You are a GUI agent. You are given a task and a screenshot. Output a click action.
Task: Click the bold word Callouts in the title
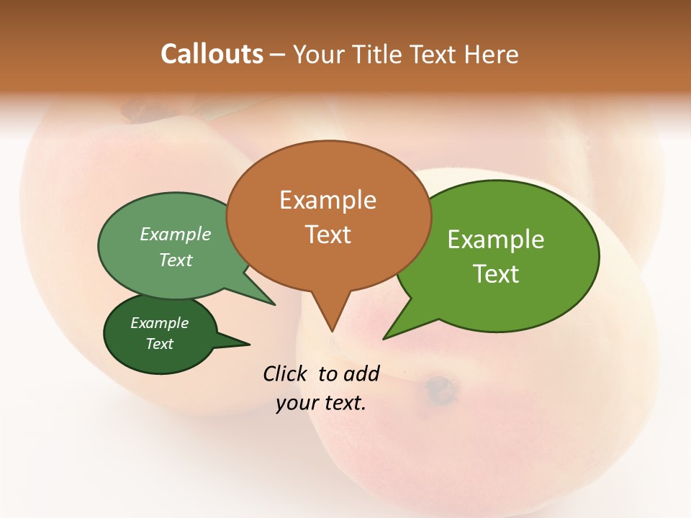tap(212, 54)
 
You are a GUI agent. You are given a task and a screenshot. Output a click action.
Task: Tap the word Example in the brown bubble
tap(328, 200)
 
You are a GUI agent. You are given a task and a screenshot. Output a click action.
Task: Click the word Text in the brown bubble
tap(328, 235)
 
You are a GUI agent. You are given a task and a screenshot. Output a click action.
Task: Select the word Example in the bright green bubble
tap(496, 240)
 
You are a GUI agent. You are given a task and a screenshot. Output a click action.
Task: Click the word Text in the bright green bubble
tap(496, 274)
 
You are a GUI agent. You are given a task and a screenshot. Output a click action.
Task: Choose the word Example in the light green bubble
tap(176, 235)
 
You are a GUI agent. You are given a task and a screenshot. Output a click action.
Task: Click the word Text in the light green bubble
tap(176, 260)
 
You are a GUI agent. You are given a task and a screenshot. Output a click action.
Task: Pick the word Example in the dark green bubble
tap(159, 323)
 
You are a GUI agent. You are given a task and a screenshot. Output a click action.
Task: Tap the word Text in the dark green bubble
tap(160, 344)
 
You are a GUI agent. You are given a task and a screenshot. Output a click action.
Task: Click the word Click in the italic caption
tap(286, 373)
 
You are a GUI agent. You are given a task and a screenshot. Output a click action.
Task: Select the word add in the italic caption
tap(361, 373)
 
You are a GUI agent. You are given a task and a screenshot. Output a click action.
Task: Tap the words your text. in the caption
tap(321, 404)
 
